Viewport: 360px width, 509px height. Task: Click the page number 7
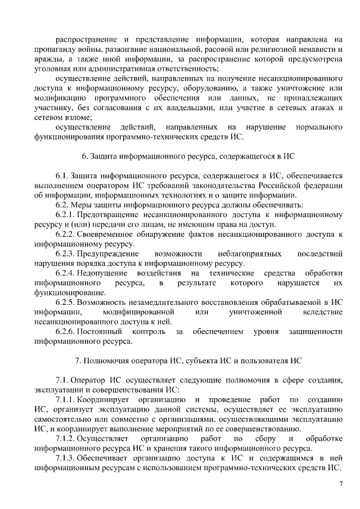click(340, 484)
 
